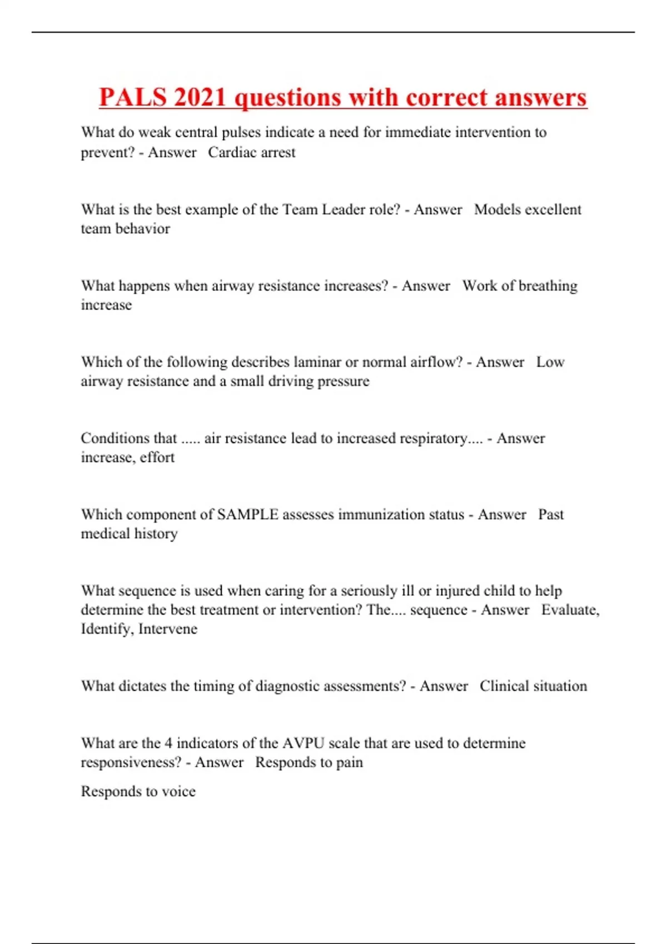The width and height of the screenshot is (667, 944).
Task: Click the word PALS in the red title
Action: click(132, 98)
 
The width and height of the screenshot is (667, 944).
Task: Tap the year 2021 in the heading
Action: click(200, 98)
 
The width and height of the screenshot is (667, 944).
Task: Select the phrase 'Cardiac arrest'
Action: click(252, 152)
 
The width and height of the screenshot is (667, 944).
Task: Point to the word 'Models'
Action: click(497, 209)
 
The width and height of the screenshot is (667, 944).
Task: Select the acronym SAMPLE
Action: click(247, 514)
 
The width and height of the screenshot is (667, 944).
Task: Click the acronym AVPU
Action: click(303, 743)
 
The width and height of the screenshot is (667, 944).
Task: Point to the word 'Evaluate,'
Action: click(570, 610)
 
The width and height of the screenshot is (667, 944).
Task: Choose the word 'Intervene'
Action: click(168, 629)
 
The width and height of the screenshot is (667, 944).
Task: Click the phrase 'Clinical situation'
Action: click(533, 686)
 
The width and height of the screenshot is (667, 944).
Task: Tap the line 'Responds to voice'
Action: click(138, 791)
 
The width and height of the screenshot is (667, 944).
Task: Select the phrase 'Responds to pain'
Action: click(309, 762)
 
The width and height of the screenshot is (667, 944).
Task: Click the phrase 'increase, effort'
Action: click(128, 457)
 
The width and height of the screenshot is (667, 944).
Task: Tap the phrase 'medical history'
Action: click(130, 534)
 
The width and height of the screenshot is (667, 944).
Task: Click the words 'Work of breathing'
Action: click(520, 285)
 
